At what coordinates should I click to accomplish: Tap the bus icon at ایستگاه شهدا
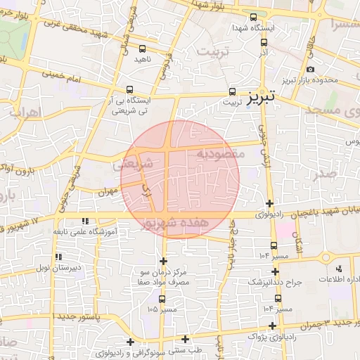(253, 17)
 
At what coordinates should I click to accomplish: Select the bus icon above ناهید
(143, 49)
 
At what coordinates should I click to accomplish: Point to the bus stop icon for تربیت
(232, 91)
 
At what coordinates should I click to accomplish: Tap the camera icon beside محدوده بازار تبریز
(311, 69)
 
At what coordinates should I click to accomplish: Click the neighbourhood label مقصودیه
(220, 153)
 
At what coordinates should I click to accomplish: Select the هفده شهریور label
(184, 222)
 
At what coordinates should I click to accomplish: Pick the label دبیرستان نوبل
(58, 268)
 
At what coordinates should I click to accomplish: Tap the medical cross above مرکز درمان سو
(164, 261)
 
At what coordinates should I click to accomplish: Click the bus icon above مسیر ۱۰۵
(162, 299)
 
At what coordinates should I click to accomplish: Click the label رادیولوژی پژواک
(273, 337)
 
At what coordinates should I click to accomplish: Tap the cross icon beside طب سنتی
(185, 339)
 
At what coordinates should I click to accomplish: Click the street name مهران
(106, 191)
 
